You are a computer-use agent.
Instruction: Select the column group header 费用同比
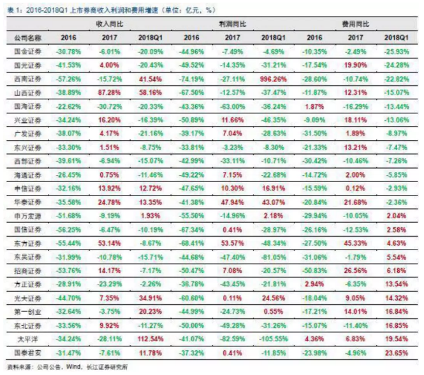(x=357, y=22)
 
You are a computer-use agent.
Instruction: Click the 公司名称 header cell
(x=27, y=38)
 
